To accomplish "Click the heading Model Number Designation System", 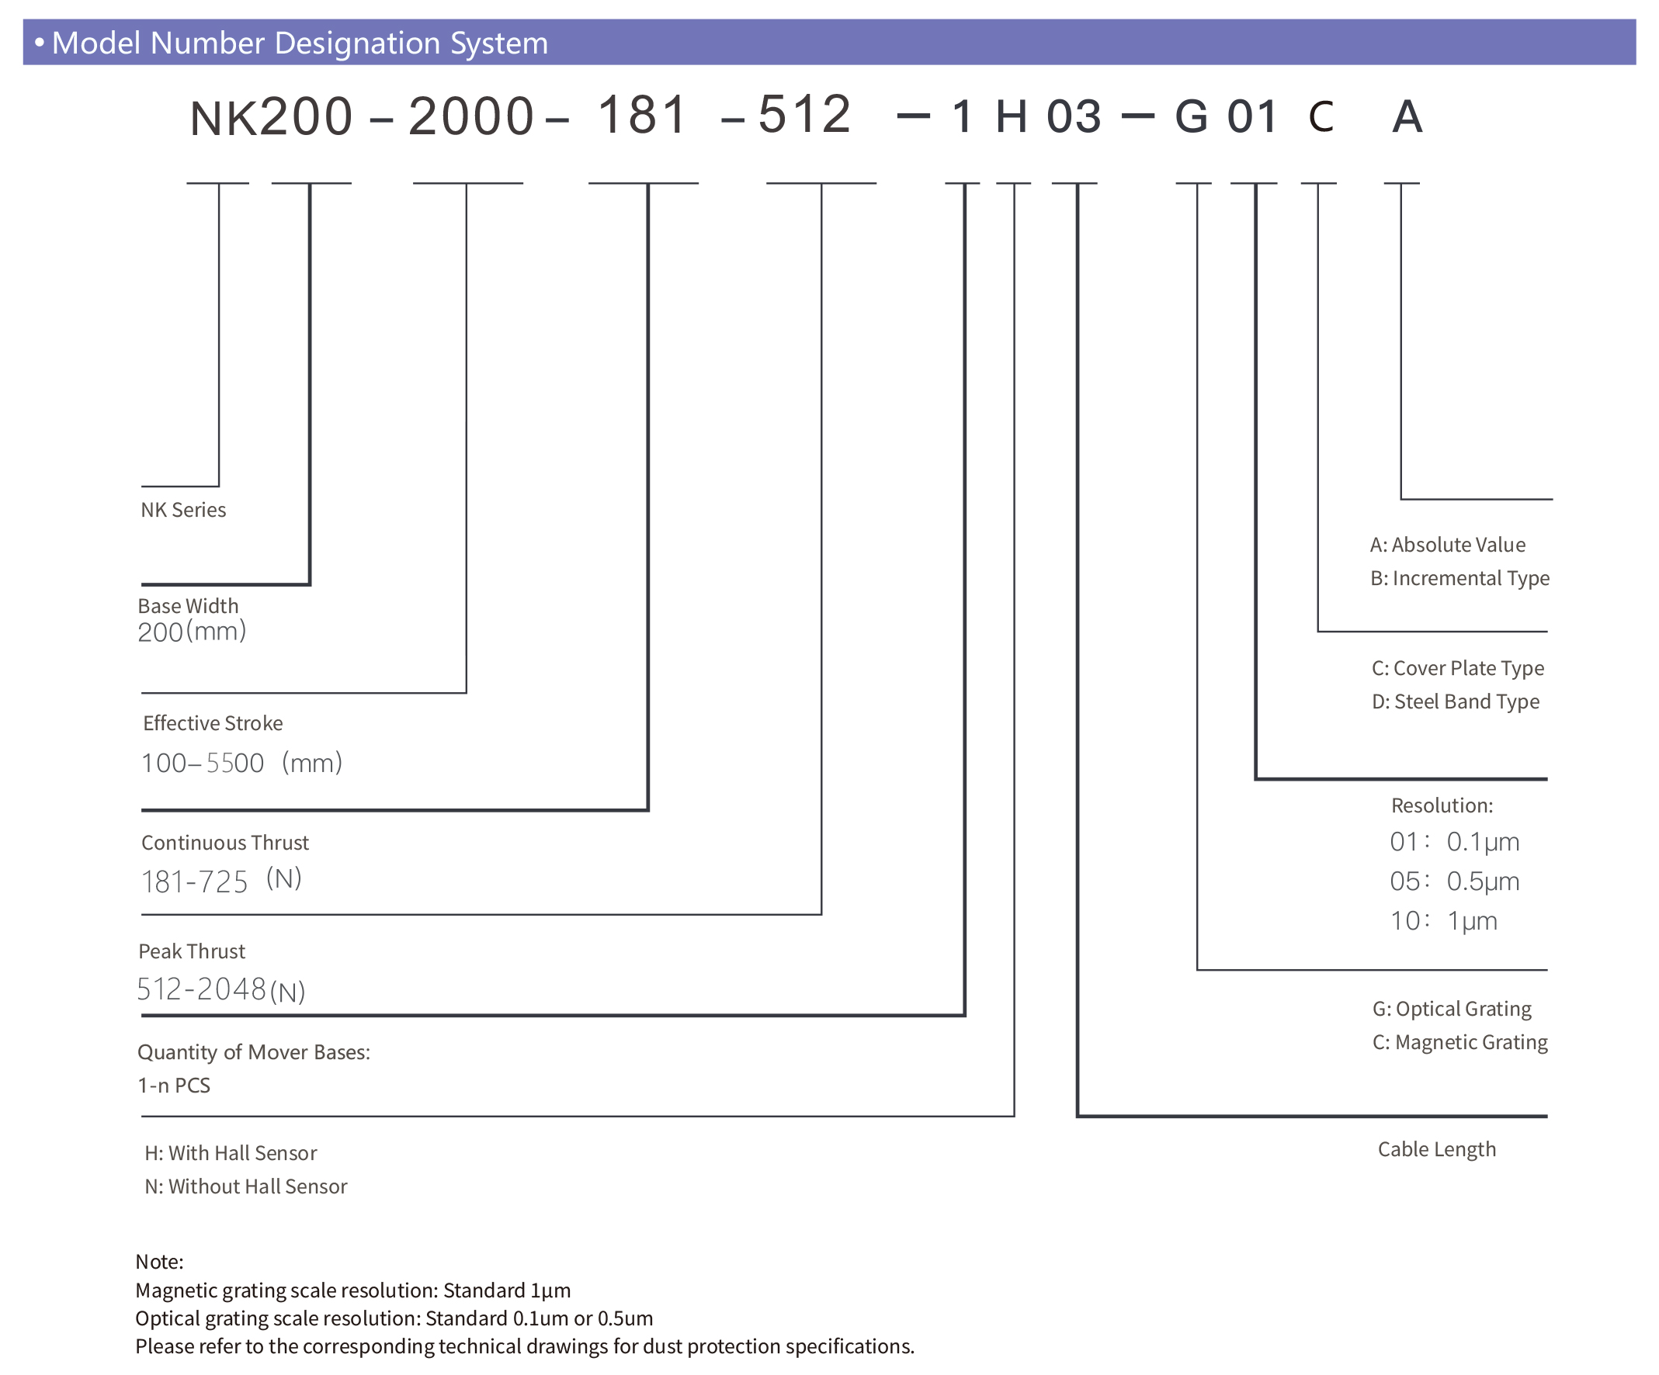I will (x=300, y=43).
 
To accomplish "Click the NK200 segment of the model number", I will (x=271, y=117).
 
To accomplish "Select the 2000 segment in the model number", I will (x=471, y=117).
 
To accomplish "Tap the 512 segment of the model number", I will (x=804, y=115).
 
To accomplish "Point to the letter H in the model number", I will (x=1012, y=117).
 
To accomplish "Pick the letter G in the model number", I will (x=1192, y=117).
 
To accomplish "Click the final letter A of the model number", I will (x=1406, y=117).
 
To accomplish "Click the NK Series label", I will (x=183, y=511).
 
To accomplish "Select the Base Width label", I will (x=188, y=606).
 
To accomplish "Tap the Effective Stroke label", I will (x=213, y=723).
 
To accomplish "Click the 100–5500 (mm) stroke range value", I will (x=241, y=763).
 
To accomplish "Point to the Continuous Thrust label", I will (x=225, y=843).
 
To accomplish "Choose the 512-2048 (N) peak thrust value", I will (x=221, y=989).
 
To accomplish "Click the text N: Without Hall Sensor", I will (x=245, y=1186).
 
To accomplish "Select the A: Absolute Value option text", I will (x=1447, y=545).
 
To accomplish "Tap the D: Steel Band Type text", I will (x=1455, y=701).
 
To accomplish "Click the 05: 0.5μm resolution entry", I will (x=1454, y=881).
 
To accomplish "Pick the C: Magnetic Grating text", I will (x=1460, y=1043).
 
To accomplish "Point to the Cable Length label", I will (x=1436, y=1149).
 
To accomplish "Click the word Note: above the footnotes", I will (x=160, y=1261).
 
